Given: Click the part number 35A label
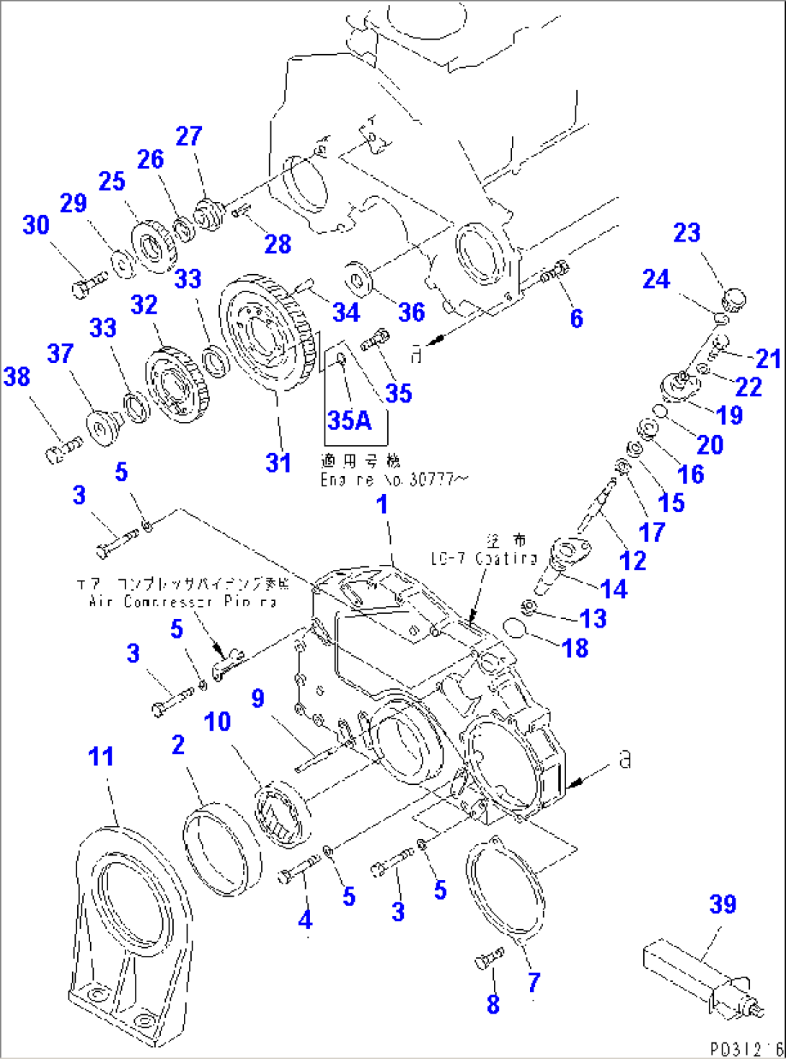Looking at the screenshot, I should pyautogui.click(x=349, y=420).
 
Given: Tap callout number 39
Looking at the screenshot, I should pyautogui.click(x=723, y=905).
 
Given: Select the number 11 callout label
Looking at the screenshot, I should pyautogui.click(x=101, y=757).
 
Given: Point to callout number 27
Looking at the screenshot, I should pyautogui.click(x=189, y=136).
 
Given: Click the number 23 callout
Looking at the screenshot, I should pyautogui.click(x=686, y=232).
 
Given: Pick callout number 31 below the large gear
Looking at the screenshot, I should pyautogui.click(x=278, y=462).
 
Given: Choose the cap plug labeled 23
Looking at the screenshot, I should pyautogui.click(x=734, y=298).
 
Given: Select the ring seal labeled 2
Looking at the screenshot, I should pyautogui.click(x=221, y=848).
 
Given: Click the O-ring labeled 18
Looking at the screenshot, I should pyautogui.click(x=515, y=628).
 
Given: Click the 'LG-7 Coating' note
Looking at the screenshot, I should pyautogui.click(x=484, y=558).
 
